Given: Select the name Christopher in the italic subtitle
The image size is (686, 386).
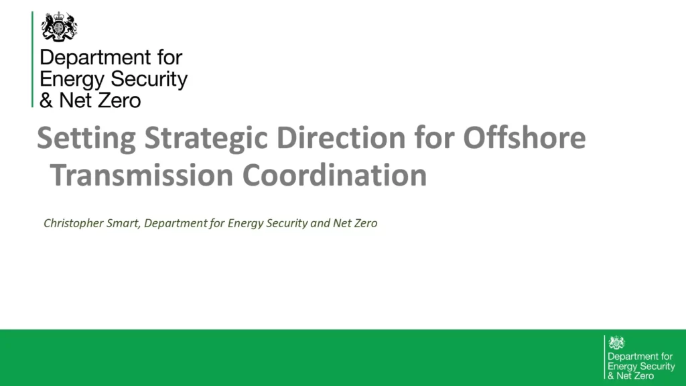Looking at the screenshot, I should tap(72, 223).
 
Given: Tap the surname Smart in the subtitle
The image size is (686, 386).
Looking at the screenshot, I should tap(121, 223).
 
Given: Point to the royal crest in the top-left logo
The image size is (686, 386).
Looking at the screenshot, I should tap(59, 27).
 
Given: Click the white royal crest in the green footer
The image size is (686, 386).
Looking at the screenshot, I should tap(616, 342).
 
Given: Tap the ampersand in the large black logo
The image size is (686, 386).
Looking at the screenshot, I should tap(47, 101).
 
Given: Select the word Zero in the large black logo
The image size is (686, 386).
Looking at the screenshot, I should tap(118, 101).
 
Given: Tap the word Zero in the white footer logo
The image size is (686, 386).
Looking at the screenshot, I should tap(645, 376).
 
